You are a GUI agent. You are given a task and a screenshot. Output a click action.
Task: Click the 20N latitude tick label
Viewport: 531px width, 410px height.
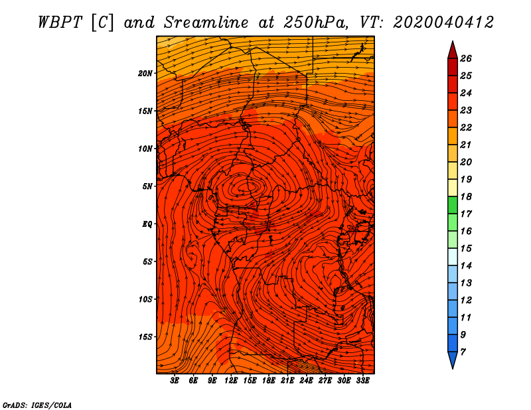[x=145, y=74]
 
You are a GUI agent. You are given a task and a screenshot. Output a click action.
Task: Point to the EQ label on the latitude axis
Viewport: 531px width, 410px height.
[x=147, y=224]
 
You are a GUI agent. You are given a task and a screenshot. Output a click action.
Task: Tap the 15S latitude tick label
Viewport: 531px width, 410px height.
[x=145, y=337]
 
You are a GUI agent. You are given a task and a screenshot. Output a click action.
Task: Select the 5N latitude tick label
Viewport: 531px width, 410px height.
[x=147, y=186]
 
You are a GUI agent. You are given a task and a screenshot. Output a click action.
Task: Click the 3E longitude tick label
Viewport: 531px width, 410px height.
[x=175, y=381]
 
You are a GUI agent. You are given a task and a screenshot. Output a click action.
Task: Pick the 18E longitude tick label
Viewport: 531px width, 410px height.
[x=269, y=381]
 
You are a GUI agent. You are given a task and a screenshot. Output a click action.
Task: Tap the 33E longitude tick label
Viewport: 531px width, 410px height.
[x=362, y=381]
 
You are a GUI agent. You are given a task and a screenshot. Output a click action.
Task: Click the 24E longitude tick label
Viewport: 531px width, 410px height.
[x=306, y=381]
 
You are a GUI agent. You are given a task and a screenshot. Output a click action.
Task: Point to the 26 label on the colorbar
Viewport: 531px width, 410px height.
[x=466, y=58]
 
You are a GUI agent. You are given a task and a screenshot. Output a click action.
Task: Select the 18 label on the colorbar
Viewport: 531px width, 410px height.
[x=466, y=196]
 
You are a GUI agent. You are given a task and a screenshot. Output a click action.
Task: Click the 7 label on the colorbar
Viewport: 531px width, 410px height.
[x=463, y=352]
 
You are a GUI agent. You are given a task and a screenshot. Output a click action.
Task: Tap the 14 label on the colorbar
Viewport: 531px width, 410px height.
[x=466, y=266]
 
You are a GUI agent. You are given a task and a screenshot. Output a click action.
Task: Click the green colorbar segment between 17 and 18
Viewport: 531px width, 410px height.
[x=453, y=205]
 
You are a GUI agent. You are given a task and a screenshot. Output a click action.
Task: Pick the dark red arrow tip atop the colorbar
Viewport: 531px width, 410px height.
[x=453, y=42]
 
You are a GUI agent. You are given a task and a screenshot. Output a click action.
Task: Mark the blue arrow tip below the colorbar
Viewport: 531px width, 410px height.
[x=453, y=368]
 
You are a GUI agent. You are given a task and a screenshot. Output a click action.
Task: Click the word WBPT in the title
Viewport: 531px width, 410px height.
[x=60, y=23]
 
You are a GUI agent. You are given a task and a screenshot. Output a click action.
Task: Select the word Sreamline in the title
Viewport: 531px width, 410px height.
[x=206, y=23]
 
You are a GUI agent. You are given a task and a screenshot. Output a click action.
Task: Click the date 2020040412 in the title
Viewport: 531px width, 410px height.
[x=443, y=23]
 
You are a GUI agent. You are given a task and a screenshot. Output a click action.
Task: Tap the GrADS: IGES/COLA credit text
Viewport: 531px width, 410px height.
[x=37, y=405]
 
